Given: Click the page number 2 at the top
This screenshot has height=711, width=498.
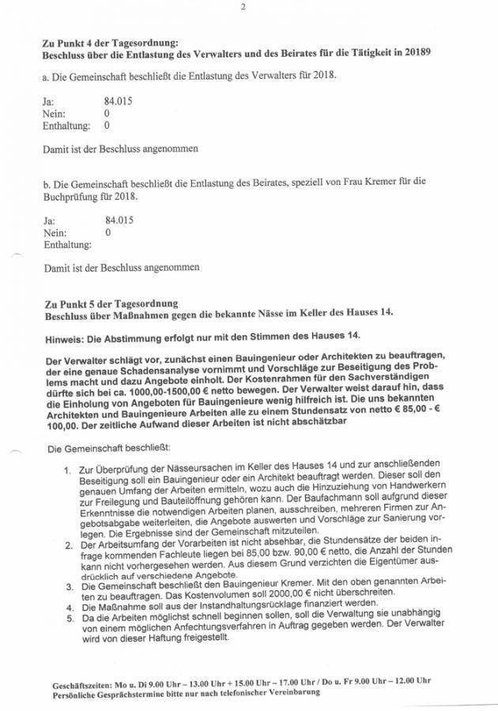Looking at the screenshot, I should [x=243, y=8].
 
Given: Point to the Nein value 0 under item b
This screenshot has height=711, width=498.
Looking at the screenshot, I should [x=108, y=233].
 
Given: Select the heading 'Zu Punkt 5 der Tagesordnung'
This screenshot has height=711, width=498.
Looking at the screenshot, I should [x=111, y=303].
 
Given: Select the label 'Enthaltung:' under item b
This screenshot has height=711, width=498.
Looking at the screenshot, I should [x=66, y=246].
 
